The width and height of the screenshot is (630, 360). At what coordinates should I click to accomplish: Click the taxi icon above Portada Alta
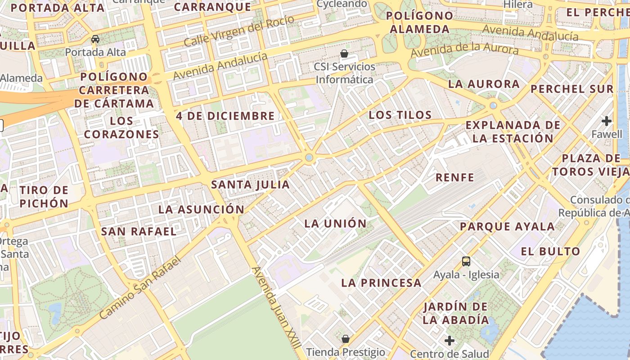click(x=95, y=39)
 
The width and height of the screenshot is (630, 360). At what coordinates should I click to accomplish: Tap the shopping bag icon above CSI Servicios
click(x=344, y=54)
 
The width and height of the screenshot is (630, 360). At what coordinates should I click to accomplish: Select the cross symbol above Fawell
click(x=607, y=121)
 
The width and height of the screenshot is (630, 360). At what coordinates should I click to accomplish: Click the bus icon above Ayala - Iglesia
click(x=466, y=261)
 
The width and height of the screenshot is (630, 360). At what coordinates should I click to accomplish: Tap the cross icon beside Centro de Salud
click(x=449, y=341)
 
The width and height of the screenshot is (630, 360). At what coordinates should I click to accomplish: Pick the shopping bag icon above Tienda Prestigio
click(x=346, y=338)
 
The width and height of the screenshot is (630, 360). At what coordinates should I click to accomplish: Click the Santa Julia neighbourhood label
click(x=251, y=184)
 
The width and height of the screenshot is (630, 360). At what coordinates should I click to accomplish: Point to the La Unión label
click(x=336, y=224)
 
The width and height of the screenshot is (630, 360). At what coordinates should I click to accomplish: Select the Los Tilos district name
click(x=400, y=115)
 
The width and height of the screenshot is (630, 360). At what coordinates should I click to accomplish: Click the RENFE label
click(x=455, y=177)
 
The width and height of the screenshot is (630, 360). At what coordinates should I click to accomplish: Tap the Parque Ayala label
click(x=507, y=227)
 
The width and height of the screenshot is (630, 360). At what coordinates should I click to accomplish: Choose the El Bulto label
click(x=551, y=251)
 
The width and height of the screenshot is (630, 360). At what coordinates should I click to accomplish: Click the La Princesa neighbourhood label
click(x=381, y=283)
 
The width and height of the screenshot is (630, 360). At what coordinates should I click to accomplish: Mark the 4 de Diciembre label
click(x=225, y=116)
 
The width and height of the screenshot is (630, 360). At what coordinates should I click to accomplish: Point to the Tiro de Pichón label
click(x=44, y=197)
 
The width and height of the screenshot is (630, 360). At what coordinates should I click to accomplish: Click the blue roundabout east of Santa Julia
click(x=309, y=157)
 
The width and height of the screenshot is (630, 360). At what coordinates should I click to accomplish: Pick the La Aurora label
click(x=484, y=84)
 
